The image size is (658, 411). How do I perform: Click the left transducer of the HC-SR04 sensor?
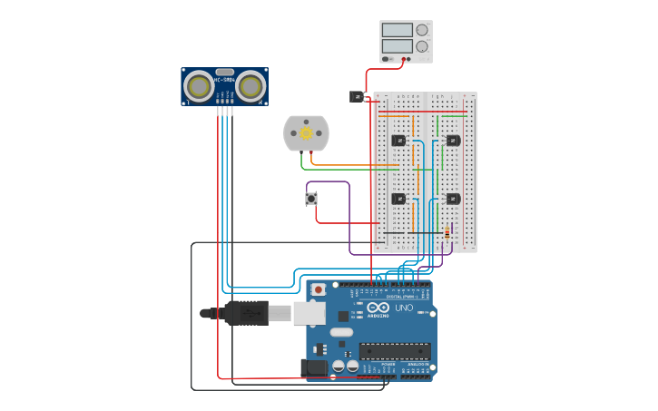(x=199, y=86)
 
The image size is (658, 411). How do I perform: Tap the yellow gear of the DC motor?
(x=307, y=133)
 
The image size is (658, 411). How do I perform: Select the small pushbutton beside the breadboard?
(x=311, y=198)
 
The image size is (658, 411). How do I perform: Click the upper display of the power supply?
(x=398, y=30)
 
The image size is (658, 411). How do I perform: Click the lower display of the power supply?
(x=398, y=45)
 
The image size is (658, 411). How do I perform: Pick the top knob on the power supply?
(x=422, y=30)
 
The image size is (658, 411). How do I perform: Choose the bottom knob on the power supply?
(x=422, y=46)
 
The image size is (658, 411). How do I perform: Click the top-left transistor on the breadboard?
(x=398, y=141)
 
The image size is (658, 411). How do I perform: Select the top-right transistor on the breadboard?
(x=453, y=141)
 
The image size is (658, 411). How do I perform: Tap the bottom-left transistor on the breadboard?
(x=398, y=198)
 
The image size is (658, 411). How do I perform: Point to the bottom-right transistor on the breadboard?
(x=453, y=198)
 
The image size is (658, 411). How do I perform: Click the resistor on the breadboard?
(x=447, y=233)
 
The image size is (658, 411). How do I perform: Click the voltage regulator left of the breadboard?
(x=358, y=96)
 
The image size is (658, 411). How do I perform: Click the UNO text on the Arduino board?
(x=404, y=308)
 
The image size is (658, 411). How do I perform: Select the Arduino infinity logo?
(x=378, y=308)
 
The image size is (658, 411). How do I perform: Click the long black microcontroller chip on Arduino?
(x=395, y=350)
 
